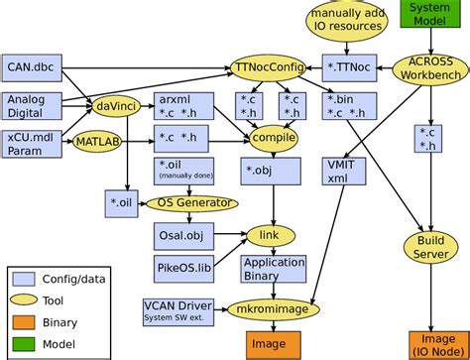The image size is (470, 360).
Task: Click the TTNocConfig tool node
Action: (269, 67)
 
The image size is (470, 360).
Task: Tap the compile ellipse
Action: (274, 137)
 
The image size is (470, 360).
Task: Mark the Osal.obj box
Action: (182, 235)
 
